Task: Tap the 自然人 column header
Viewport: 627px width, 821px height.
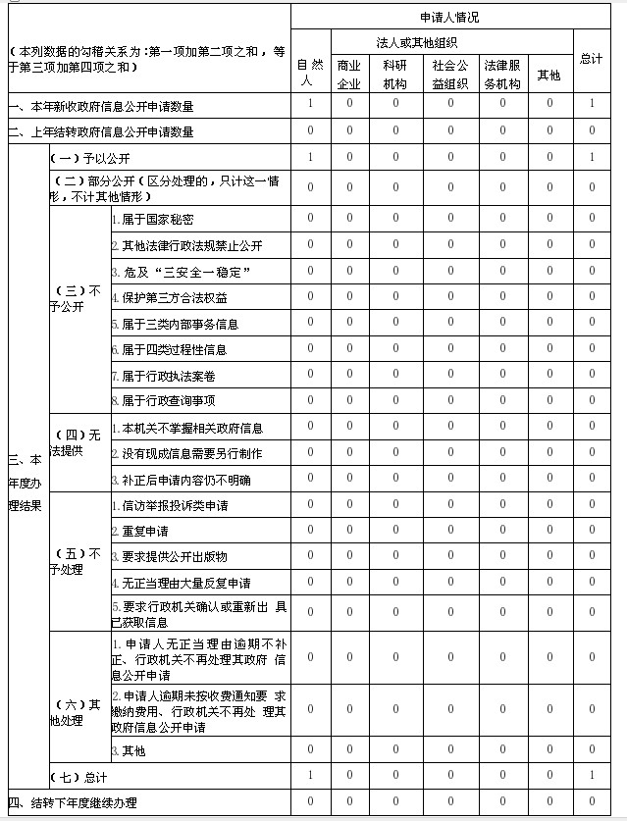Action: [310, 74]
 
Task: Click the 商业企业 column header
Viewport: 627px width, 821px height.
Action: [348, 74]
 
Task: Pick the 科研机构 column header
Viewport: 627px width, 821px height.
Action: [395, 74]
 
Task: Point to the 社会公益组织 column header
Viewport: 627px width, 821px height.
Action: [450, 74]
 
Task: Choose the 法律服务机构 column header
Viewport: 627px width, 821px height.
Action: [502, 74]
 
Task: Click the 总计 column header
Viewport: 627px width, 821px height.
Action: [591, 59]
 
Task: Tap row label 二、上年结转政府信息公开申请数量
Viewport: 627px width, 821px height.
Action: [101, 131]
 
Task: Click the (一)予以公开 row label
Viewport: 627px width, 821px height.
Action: [90, 158]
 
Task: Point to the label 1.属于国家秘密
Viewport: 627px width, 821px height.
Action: [152, 219]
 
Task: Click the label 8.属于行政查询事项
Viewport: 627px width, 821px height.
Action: [163, 400]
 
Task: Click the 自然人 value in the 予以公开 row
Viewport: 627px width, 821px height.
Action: [310, 157]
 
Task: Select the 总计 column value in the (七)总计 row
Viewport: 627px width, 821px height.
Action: [592, 776]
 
